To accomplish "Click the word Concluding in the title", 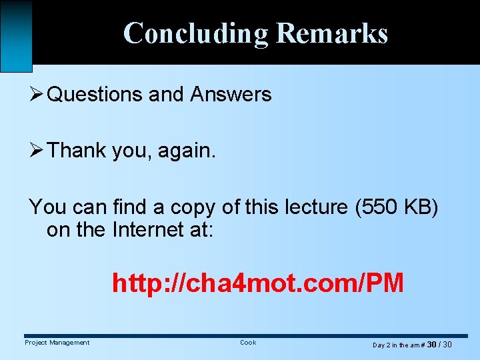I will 196,33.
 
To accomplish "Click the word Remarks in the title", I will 331,33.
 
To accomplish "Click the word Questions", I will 95,95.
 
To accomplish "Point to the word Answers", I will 231,95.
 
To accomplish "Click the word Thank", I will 77,151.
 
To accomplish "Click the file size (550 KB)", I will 397,207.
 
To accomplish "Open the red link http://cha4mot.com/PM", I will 258,283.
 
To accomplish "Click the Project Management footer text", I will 57,343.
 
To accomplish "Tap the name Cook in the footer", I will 248,343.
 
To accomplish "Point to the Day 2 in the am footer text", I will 396,345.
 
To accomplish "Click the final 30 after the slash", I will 447,345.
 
